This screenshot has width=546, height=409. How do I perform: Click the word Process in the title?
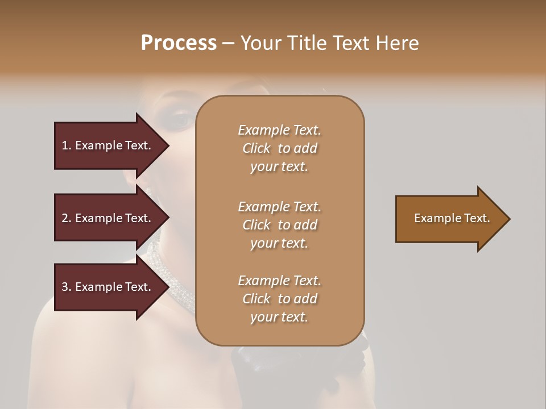[178, 43]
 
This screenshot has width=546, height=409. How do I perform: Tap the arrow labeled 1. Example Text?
[108, 145]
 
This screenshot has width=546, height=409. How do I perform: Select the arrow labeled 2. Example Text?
[108, 218]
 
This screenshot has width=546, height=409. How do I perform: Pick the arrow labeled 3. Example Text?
[108, 287]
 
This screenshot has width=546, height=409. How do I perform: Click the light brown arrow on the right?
[449, 219]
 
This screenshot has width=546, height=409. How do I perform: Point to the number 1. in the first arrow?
[67, 145]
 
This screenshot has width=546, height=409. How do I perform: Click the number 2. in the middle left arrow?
[67, 218]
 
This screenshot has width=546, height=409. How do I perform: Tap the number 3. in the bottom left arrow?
[67, 287]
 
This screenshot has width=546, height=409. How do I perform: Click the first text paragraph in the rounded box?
[279, 148]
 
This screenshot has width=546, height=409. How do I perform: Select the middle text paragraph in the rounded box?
[279, 224]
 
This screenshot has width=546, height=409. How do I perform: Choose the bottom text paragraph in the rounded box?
[279, 298]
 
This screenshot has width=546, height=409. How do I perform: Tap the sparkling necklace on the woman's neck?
[171, 278]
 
